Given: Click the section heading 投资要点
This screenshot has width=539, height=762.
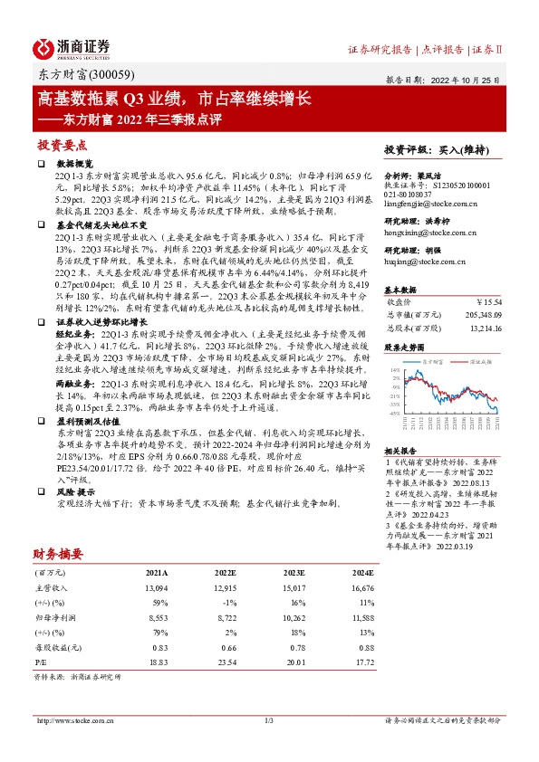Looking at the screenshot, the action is tap(62, 144).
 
